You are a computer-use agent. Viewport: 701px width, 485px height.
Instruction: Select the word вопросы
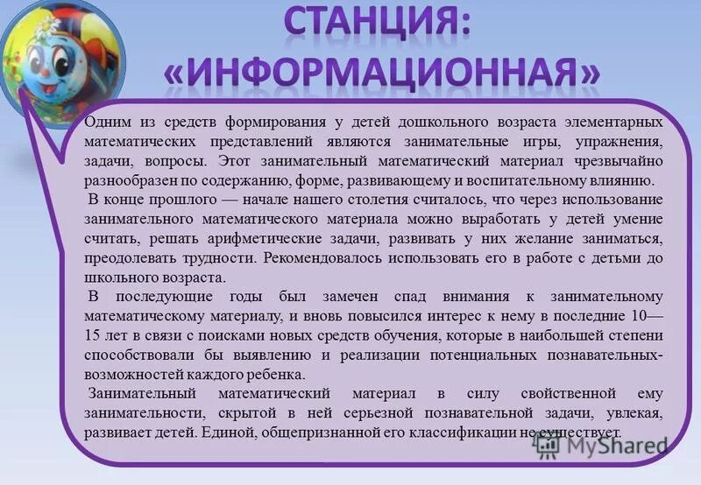177,162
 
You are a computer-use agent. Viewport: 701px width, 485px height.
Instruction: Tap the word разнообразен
127,182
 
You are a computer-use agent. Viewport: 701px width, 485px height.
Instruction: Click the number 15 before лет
94,336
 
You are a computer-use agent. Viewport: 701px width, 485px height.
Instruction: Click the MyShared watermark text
613,444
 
